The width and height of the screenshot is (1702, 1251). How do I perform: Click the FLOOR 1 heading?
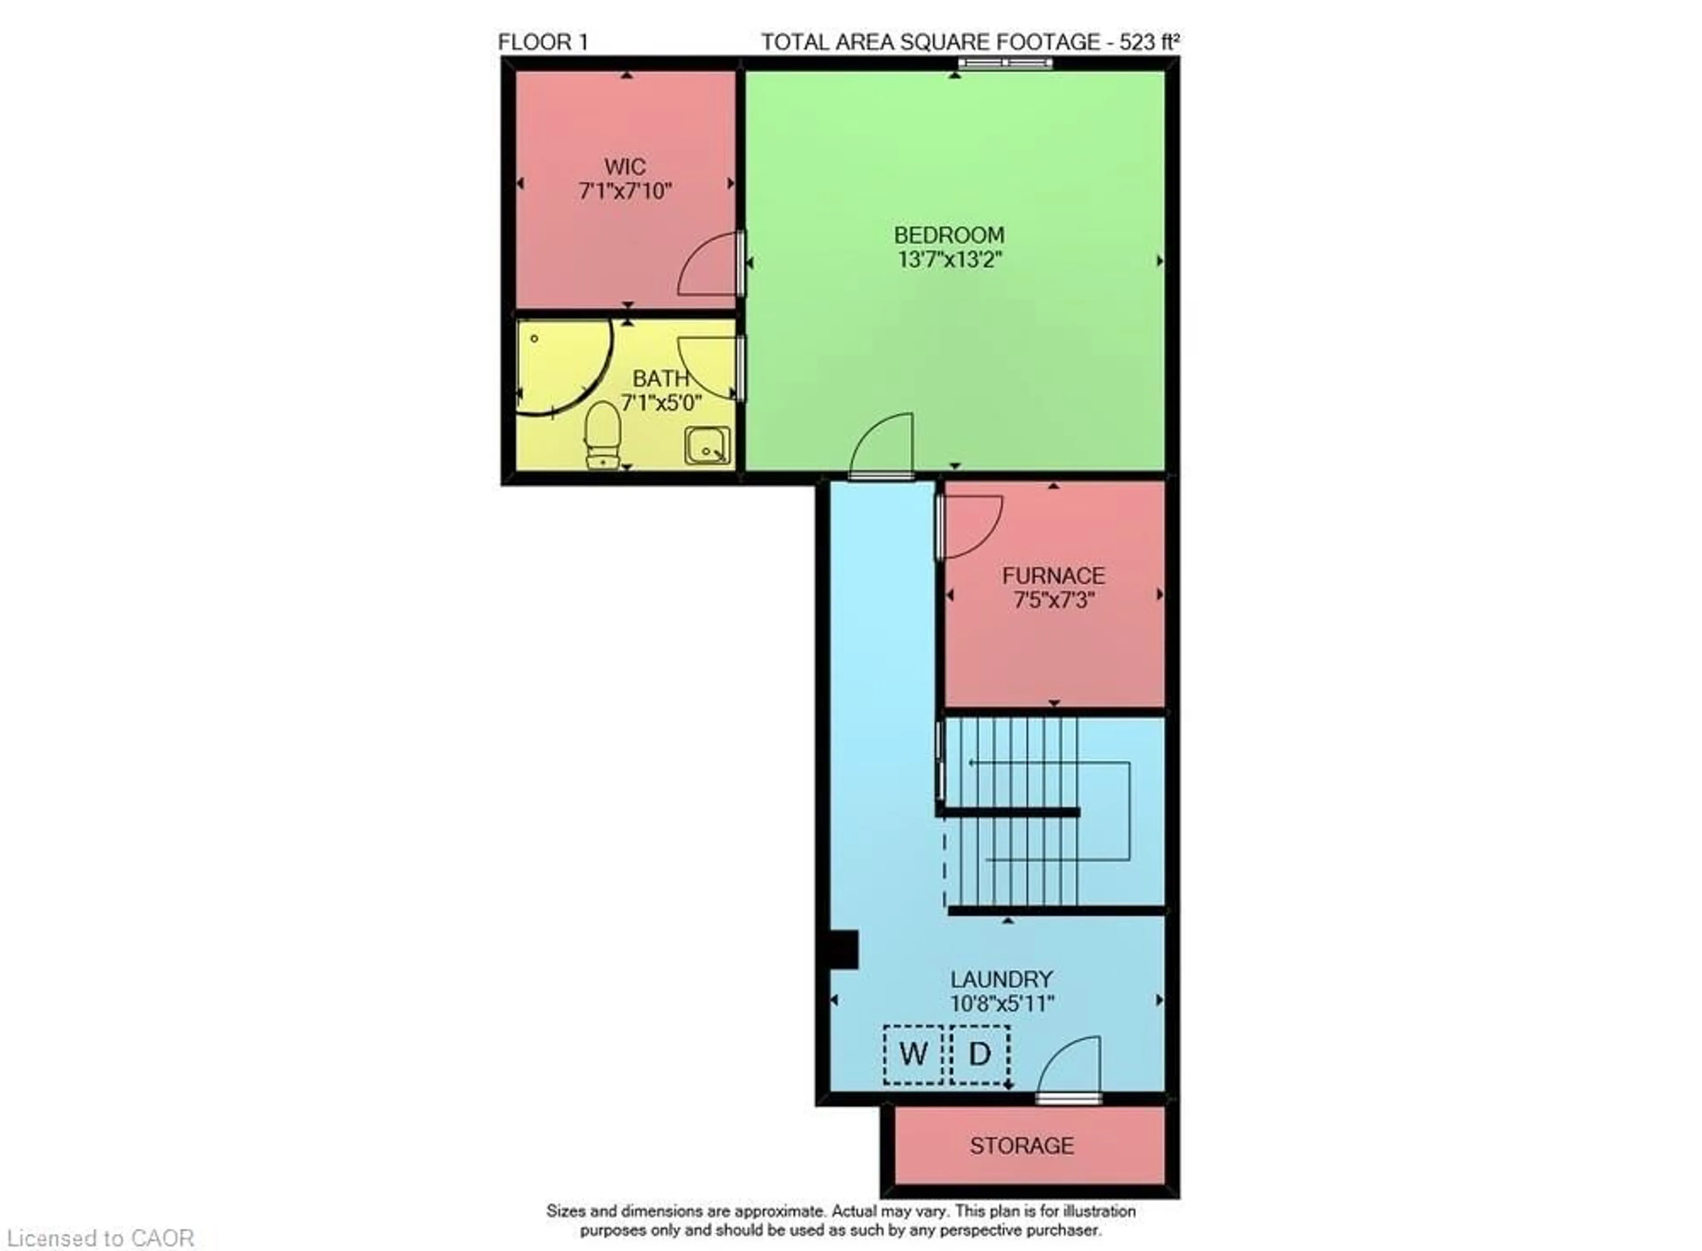tap(543, 43)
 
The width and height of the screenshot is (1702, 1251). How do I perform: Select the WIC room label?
tap(625, 167)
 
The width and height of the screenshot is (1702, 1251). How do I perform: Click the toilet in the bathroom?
tap(603, 435)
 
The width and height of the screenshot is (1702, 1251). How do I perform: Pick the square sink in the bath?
tap(708, 445)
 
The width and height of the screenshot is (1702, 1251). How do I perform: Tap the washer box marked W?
tap(913, 1054)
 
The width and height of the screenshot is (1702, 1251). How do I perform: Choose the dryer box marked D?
tap(980, 1054)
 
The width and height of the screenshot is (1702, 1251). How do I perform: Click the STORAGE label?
tap(1021, 1146)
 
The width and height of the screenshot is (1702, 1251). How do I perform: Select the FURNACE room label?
tap(1053, 575)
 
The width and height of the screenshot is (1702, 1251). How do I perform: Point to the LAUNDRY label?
tap(1002, 979)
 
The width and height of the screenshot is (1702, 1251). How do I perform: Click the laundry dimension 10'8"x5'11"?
tap(1002, 1004)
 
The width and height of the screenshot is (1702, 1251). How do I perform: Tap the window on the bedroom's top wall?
tap(1005, 63)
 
